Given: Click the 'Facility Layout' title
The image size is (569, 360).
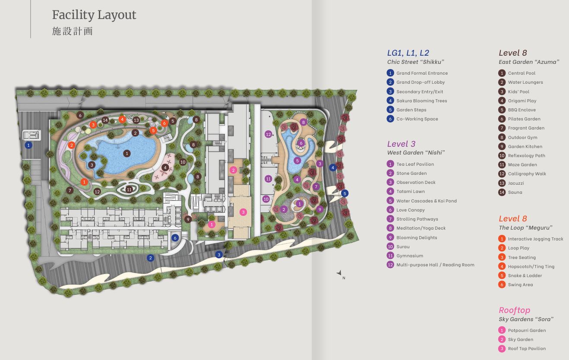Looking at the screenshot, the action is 94,15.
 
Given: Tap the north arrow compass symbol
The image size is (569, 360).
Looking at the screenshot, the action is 339,273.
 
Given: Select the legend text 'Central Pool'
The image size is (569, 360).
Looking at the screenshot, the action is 522,73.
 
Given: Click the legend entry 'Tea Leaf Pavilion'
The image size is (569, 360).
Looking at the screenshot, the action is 415,164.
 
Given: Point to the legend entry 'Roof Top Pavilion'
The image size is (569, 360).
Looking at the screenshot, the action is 527,349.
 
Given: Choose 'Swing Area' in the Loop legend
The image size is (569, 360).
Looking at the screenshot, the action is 520,284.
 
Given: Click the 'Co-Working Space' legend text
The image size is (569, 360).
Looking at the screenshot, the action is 417,119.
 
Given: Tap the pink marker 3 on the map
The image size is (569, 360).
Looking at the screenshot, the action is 243,212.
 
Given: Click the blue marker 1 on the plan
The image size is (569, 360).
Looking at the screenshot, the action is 28,145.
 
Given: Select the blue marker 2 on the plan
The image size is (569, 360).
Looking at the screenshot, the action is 150,258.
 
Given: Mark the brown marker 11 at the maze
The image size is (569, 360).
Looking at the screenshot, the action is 129,189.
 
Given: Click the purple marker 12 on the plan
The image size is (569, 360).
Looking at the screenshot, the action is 269,134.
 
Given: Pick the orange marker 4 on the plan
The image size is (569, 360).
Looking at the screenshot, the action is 122,119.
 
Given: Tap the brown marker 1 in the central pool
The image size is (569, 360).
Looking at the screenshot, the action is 127,153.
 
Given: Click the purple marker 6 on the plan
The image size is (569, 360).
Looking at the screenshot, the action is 301,143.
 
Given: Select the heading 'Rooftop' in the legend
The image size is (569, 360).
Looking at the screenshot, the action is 514,310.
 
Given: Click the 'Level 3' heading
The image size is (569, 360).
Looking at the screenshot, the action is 401,144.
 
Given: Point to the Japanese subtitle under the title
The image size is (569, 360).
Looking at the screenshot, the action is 73,31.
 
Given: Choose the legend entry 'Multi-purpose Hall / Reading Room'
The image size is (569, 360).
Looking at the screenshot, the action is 435,265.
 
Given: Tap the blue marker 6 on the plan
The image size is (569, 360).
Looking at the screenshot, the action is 175,238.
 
